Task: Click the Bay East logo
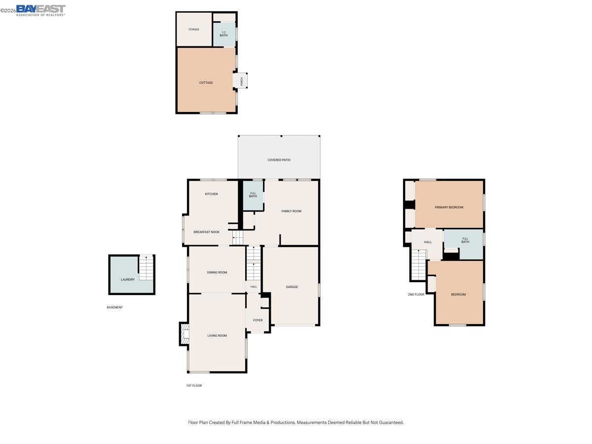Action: pyautogui.click(x=40, y=10)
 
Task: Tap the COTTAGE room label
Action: pyautogui.click(x=206, y=83)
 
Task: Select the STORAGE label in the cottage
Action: pyautogui.click(x=194, y=30)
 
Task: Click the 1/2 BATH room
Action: pyautogui.click(x=224, y=34)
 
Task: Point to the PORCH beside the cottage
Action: pyautogui.click(x=241, y=81)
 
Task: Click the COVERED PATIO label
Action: pyautogui.click(x=279, y=160)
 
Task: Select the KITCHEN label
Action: pyautogui.click(x=211, y=194)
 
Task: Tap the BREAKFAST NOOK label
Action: pyautogui.click(x=206, y=232)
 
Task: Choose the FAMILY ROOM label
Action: pyautogui.click(x=291, y=211)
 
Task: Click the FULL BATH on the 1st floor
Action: pyautogui.click(x=253, y=195)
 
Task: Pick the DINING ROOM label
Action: pyautogui.click(x=217, y=272)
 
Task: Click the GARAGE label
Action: pyautogui.click(x=292, y=287)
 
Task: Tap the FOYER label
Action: pyautogui.click(x=258, y=320)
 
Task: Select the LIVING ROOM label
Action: pyautogui.click(x=217, y=335)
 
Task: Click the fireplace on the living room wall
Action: pyautogui.click(x=184, y=334)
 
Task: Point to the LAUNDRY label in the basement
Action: pyautogui.click(x=128, y=280)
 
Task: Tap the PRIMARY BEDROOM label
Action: pyautogui.click(x=449, y=207)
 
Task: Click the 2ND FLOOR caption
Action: pyautogui.click(x=416, y=295)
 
